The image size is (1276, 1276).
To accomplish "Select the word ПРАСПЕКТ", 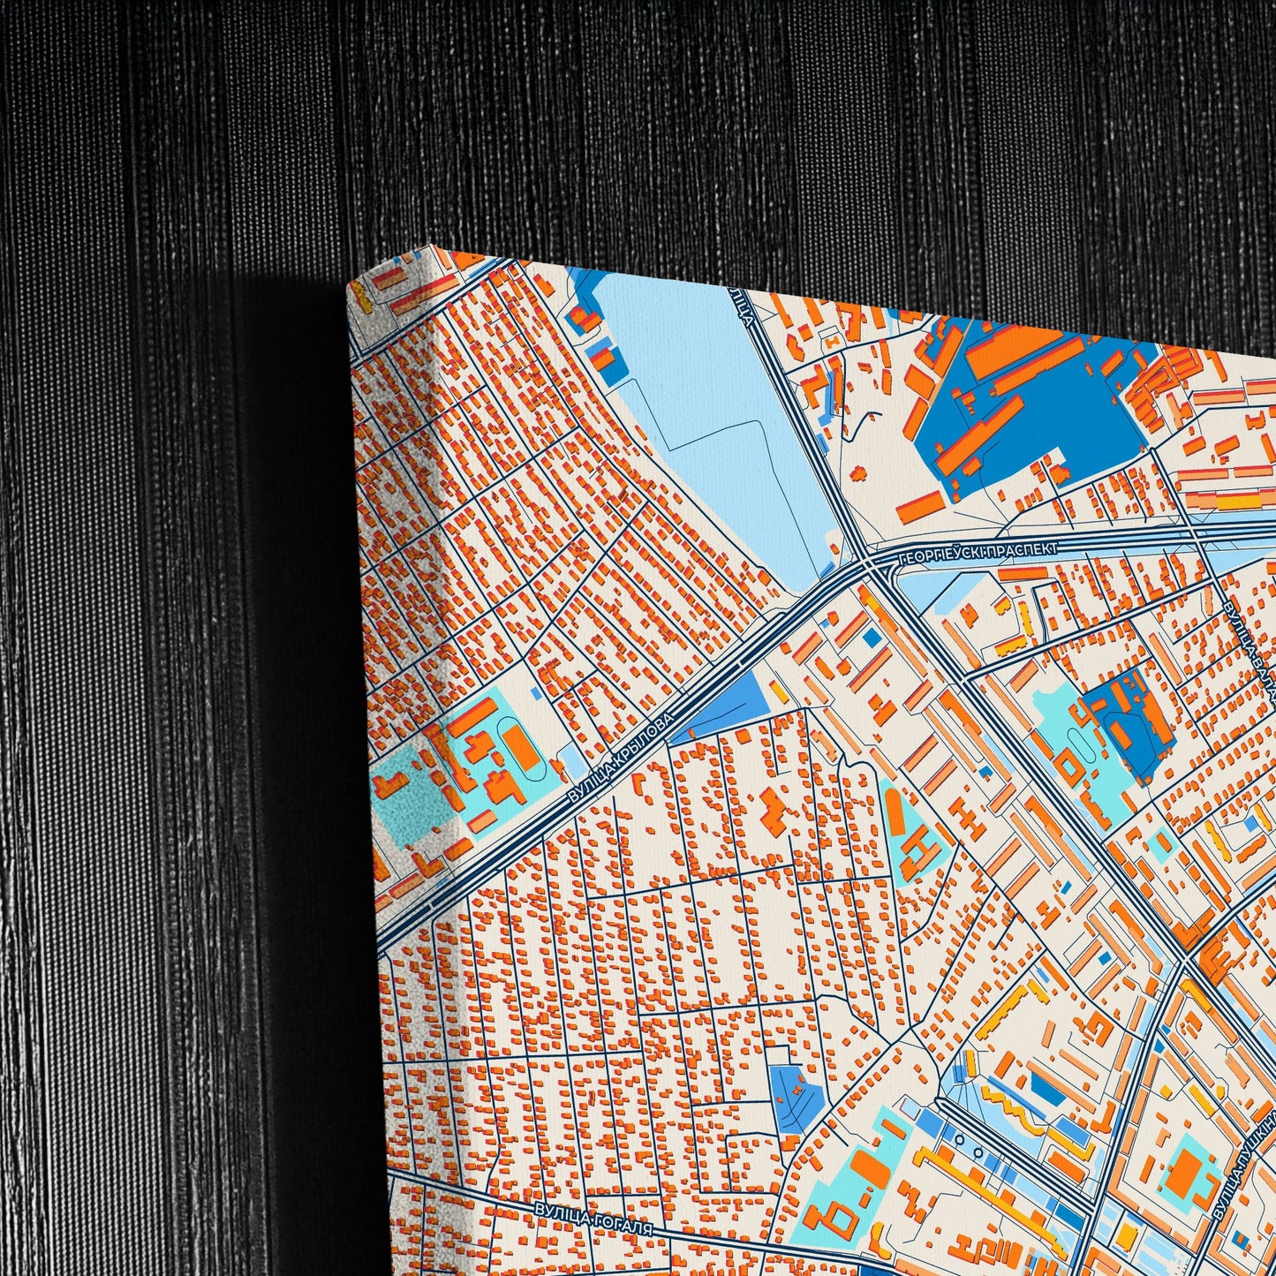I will click(x=1021, y=550).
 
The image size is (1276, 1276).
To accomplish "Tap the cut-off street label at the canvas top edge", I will click(x=742, y=305).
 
